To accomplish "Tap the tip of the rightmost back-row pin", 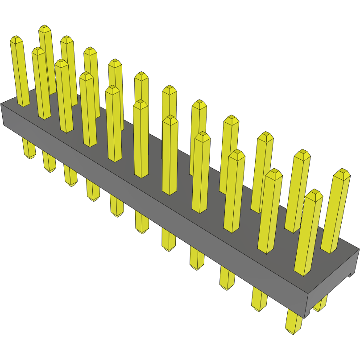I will (x=342, y=172).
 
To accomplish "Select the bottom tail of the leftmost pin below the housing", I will (x=29, y=149).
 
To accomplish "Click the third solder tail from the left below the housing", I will (x=70, y=176).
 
